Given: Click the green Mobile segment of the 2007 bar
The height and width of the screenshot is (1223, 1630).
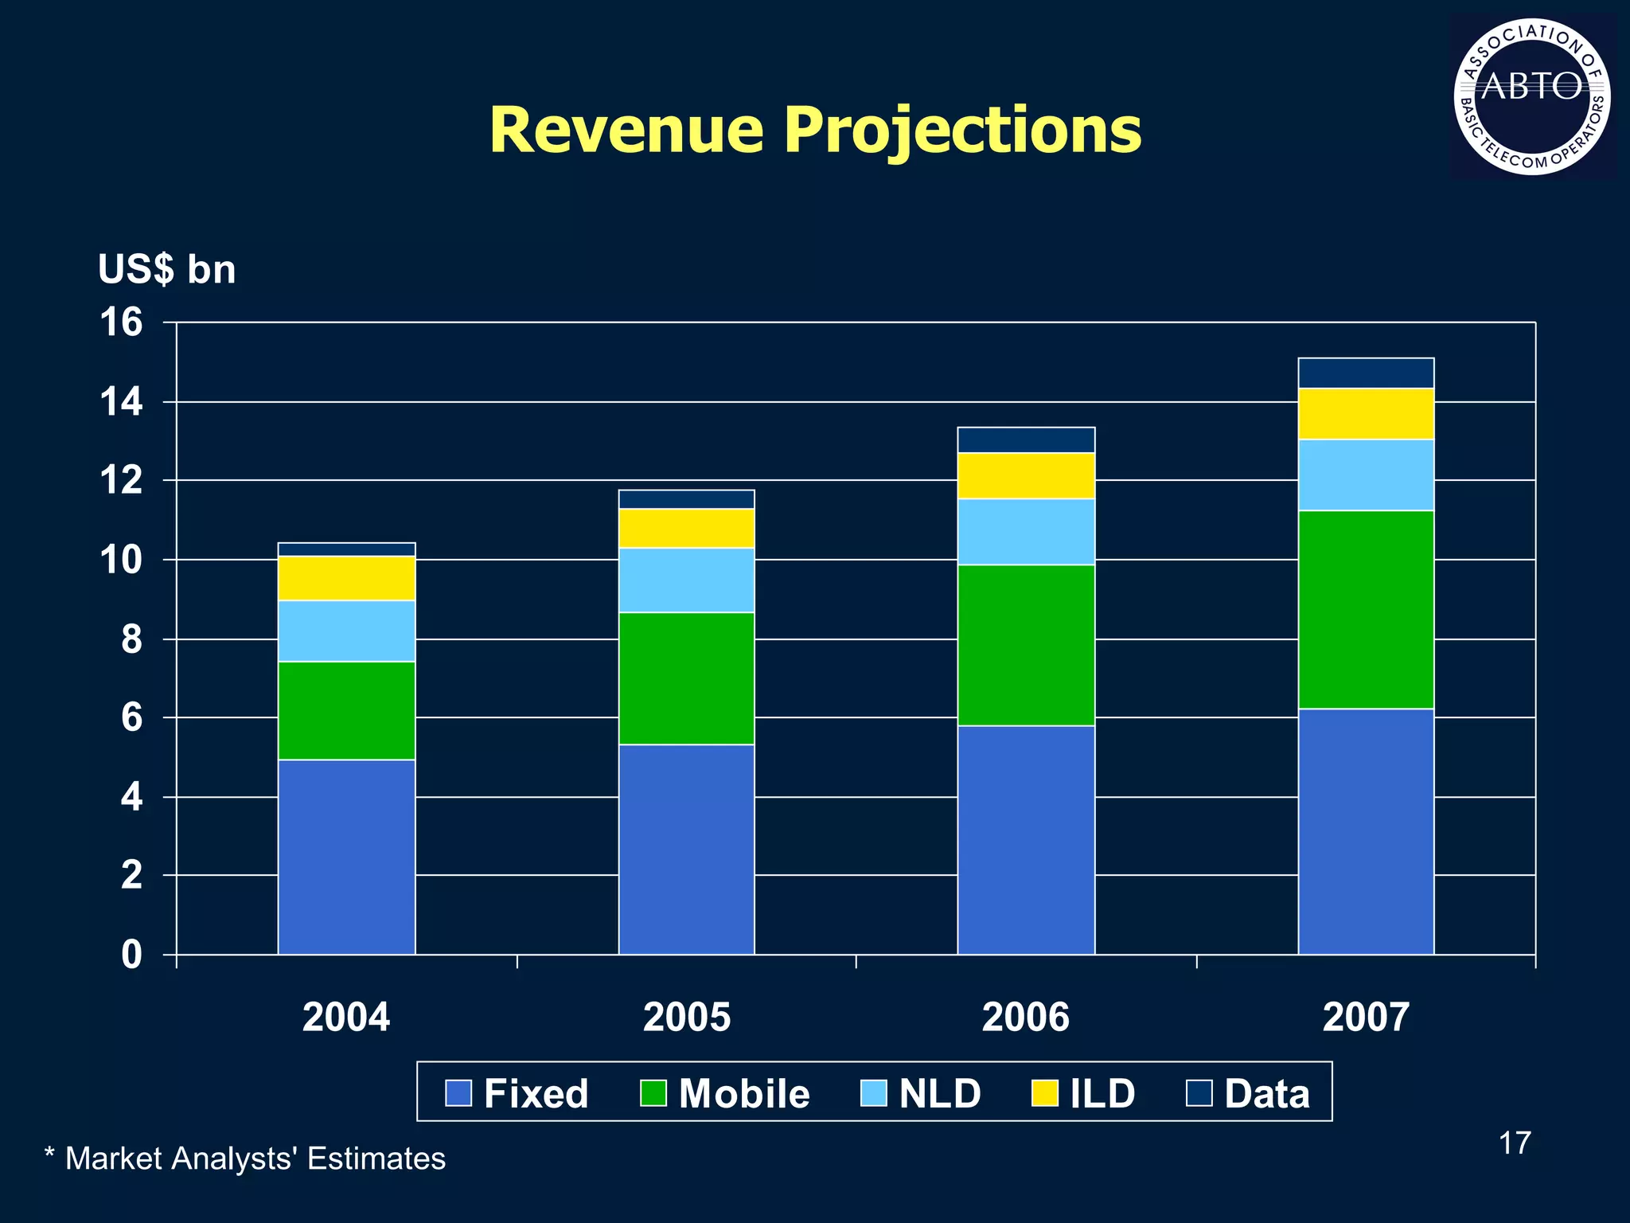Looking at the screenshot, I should click(1366, 609).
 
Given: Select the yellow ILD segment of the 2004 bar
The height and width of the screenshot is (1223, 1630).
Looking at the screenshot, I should click(346, 578).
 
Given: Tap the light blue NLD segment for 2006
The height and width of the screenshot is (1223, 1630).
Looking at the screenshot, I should click(1026, 532).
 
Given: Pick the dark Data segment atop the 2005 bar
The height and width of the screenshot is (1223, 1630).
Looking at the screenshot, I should click(686, 499).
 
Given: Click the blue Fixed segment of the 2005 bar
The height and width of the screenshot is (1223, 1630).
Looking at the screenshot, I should click(686, 849).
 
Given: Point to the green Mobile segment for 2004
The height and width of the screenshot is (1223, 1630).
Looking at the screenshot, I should click(346, 710).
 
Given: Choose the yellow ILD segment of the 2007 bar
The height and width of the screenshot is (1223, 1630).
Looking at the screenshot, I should click(1366, 413).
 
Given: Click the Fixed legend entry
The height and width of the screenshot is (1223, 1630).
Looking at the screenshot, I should click(517, 1093).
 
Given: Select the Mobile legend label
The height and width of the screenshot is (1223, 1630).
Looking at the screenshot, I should click(743, 1093).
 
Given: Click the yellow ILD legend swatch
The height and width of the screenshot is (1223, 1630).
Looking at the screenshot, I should click(1045, 1093).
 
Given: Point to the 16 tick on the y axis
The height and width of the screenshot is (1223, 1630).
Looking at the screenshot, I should click(121, 322).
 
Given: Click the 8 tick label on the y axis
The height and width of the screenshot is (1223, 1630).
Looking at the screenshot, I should click(132, 639).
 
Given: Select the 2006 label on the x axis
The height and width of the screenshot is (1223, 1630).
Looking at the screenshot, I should click(1025, 1018).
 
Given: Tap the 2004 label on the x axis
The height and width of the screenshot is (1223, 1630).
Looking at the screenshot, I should click(346, 1018).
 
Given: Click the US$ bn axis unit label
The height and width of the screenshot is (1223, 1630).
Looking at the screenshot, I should click(166, 269).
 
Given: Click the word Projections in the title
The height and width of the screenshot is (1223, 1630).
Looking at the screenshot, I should click(962, 131).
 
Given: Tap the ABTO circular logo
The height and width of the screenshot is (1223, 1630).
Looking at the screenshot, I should click(1531, 96).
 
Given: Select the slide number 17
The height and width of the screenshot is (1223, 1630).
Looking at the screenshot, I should click(1514, 1143).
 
